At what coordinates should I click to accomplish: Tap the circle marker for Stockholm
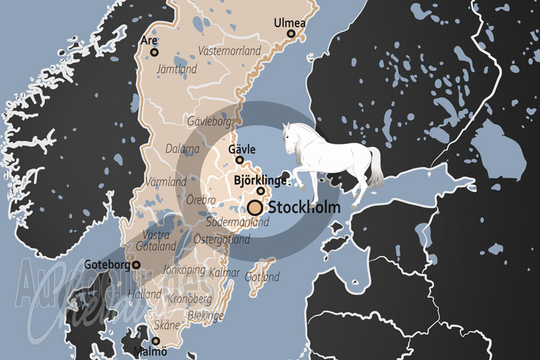(255, 207)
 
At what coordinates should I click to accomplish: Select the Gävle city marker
(240, 160)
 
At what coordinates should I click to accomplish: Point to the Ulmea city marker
(291, 34)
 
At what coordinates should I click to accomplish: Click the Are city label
(149, 41)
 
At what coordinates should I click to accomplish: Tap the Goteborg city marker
(136, 265)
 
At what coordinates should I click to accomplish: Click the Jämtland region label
(176, 69)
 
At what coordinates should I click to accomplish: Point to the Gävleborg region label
(210, 122)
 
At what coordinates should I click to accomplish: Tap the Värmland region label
(166, 182)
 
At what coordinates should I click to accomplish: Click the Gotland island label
(262, 277)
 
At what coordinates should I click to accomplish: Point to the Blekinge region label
(205, 316)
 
